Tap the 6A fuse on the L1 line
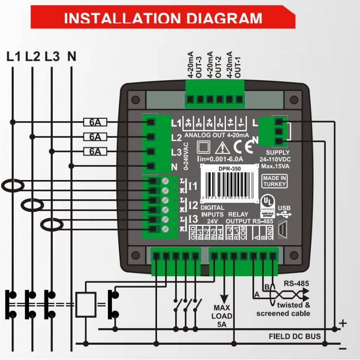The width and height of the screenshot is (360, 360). pyautogui.click(x=94, y=122)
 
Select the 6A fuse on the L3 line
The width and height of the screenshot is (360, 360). pyautogui.click(x=94, y=151)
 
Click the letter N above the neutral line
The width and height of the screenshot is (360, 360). pyautogui.click(x=72, y=57)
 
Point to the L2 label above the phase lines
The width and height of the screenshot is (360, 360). pyautogui.click(x=33, y=57)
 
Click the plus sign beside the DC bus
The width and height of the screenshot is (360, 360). pyautogui.click(x=343, y=323)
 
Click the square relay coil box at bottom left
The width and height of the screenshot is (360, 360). pyautogui.click(x=86, y=305)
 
